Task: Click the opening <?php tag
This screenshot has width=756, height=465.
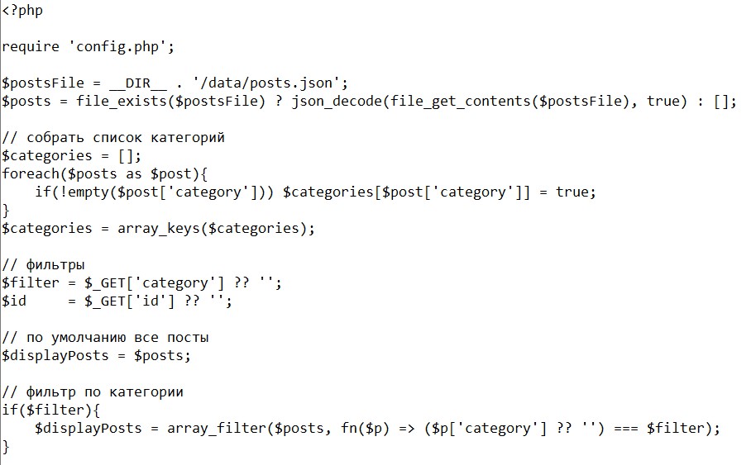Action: pyautogui.click(x=22, y=11)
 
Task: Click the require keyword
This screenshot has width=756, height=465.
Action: pyautogui.click(x=31, y=46)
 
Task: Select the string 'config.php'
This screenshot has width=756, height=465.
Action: pyautogui.click(x=122, y=46)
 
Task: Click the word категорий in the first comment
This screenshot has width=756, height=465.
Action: pyautogui.click(x=188, y=137)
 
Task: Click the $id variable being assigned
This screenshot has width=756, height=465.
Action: pyautogui.click(x=14, y=301)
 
